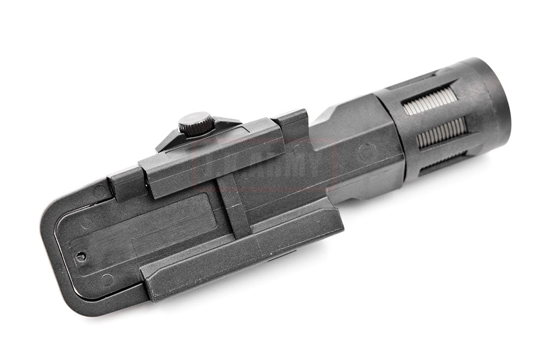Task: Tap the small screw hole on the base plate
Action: click(80, 256)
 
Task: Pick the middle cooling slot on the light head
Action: click(441, 132)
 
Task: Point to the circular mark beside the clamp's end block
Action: click(100, 190)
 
